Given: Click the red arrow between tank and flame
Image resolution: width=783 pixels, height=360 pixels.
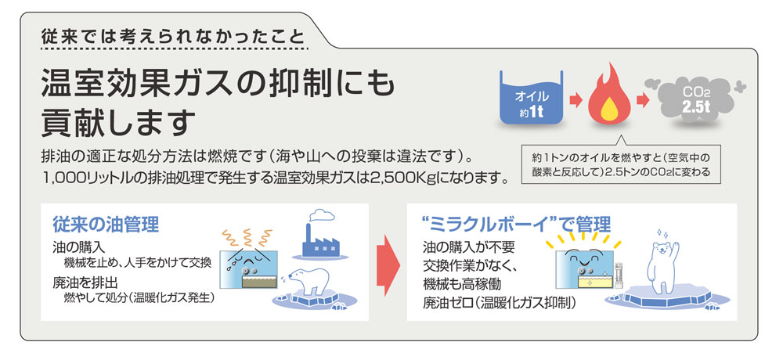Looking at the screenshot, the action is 576,100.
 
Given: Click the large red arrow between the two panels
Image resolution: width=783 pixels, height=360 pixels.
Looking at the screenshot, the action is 388,265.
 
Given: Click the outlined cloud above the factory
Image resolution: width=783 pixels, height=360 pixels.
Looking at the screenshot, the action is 322,215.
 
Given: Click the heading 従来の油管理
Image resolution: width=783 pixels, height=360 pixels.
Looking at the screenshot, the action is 106,225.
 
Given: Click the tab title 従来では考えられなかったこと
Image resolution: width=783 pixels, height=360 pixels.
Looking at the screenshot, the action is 172,37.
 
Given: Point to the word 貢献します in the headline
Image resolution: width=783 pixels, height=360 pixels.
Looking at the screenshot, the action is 118,121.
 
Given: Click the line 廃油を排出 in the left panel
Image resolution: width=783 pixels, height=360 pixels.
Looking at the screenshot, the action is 85,283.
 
